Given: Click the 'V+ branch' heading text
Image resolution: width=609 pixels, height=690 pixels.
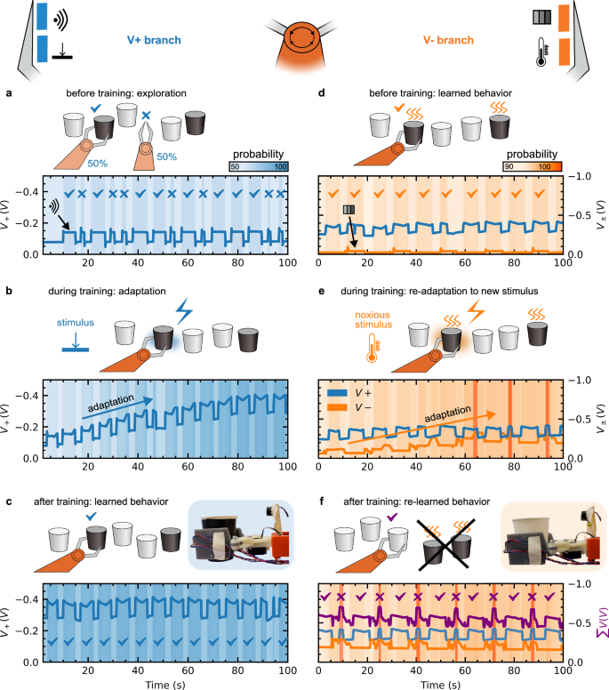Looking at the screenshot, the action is [x=154, y=40].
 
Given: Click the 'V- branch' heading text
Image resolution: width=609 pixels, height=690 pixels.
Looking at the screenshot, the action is [x=448, y=40].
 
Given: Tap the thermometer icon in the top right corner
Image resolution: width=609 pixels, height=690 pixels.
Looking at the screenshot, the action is [x=542, y=52].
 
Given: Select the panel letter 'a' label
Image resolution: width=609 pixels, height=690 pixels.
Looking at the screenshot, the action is [x=9, y=93].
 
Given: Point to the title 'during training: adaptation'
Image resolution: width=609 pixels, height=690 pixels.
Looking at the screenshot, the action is [x=107, y=291].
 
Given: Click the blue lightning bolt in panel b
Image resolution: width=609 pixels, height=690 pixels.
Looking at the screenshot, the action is [x=184, y=311].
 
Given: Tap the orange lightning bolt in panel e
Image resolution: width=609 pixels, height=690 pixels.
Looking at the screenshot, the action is [x=477, y=311].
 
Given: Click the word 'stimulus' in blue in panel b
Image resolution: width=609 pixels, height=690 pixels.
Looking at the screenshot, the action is [x=76, y=323].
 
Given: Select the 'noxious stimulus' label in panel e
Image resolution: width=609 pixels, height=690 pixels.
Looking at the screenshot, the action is [x=373, y=320].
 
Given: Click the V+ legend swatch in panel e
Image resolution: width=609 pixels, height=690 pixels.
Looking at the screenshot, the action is [x=337, y=392].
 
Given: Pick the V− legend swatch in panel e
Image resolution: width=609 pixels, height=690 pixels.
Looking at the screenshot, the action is [x=337, y=407].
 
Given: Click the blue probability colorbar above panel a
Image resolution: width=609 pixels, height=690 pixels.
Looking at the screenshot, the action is [x=259, y=166].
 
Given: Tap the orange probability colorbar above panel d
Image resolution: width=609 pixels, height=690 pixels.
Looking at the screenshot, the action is [x=533, y=166].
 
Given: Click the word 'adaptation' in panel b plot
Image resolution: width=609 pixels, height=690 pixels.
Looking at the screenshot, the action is [x=111, y=403].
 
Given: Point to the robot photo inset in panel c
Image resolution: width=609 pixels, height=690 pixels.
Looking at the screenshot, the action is [x=240, y=534].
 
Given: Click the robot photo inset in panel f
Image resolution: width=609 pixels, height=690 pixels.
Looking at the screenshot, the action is [x=553, y=537].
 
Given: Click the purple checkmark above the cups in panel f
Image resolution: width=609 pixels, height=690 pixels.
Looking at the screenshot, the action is [x=391, y=517].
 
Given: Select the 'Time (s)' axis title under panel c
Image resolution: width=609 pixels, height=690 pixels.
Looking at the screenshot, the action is [x=165, y=685].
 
